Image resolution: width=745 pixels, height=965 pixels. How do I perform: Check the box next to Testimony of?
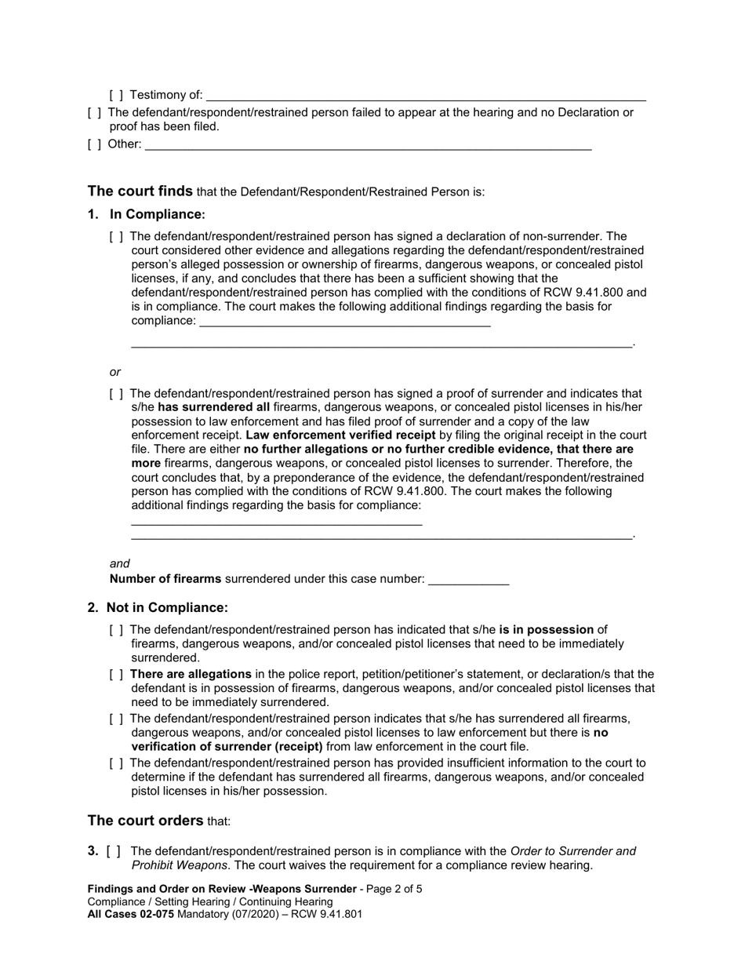click(116, 95)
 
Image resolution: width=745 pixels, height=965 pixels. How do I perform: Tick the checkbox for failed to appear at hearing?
click(94, 112)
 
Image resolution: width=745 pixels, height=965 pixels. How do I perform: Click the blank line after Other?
click(368, 144)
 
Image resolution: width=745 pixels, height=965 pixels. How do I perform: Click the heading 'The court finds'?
click(140, 191)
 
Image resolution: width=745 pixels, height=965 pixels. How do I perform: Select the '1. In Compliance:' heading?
click(147, 214)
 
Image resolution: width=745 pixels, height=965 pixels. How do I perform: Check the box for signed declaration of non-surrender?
click(116, 236)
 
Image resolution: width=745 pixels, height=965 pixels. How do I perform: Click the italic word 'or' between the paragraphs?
click(115, 372)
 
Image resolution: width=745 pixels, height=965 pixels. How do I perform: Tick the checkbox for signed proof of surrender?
click(116, 393)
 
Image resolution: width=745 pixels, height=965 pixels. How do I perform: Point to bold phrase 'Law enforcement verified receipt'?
click(340, 435)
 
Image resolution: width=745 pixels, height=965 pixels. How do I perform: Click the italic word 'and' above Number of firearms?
click(120, 563)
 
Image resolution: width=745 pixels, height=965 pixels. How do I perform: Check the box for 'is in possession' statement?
click(116, 629)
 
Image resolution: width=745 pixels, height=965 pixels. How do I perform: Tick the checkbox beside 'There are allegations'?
click(116, 674)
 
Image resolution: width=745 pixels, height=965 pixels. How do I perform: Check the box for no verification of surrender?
click(116, 718)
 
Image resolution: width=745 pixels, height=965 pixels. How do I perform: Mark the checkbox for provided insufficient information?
click(116, 763)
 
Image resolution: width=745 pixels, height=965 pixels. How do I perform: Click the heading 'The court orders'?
click(145, 821)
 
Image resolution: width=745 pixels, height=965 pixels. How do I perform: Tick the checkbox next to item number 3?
click(114, 851)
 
